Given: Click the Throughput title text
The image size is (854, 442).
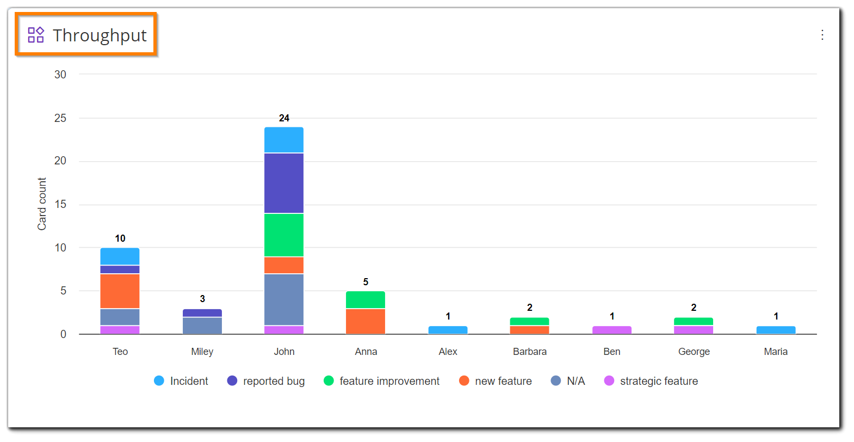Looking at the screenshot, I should (x=100, y=35).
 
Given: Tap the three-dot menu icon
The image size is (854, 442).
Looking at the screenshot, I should (x=822, y=35).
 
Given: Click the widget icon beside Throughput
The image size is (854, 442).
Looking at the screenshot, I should (x=36, y=35).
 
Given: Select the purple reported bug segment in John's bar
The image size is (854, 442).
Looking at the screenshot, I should (x=284, y=183).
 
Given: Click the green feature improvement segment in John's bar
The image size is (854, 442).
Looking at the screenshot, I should (x=284, y=235).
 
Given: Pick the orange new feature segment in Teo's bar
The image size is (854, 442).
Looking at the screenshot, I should (x=120, y=291).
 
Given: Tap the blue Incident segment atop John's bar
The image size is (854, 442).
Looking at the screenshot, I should (x=284, y=140).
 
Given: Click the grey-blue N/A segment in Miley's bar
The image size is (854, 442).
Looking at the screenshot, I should (x=202, y=326).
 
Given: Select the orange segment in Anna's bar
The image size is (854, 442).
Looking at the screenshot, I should (x=366, y=321).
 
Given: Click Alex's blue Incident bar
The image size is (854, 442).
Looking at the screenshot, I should (x=448, y=330).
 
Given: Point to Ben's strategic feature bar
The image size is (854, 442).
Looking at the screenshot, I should (x=612, y=330).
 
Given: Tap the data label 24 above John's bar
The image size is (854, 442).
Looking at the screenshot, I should (x=284, y=118).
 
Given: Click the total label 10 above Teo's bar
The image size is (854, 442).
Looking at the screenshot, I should (x=120, y=238).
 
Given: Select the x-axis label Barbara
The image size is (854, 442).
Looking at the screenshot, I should (x=530, y=352).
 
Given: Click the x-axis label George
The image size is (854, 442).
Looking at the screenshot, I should (x=694, y=352).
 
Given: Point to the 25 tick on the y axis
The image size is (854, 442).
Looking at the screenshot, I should (x=60, y=118).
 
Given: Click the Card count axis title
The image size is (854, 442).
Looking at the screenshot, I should (x=42, y=204).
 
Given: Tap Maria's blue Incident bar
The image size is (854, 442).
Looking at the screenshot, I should (x=776, y=330).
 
